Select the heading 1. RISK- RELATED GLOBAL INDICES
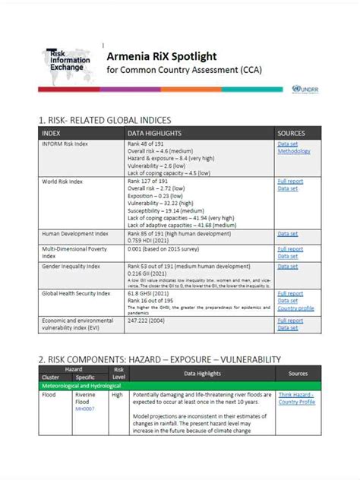(x=105, y=120)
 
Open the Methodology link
(x=294, y=151)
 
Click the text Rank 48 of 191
(x=147, y=144)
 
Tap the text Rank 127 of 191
(x=148, y=182)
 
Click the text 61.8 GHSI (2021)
(x=150, y=293)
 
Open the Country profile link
(x=295, y=308)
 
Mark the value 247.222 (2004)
(x=149, y=321)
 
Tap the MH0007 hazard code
(x=84, y=409)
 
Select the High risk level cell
(x=118, y=395)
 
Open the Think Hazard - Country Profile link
(x=296, y=399)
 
